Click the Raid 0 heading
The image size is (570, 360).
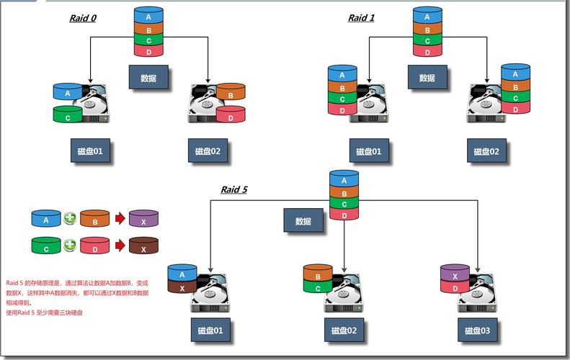[83, 18]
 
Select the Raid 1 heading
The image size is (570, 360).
[361, 18]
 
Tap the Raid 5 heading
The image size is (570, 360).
[234, 189]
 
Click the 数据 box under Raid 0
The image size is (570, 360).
[148, 78]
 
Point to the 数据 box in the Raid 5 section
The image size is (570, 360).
[303, 221]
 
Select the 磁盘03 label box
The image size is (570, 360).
[477, 330]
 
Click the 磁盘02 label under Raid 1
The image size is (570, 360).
[486, 151]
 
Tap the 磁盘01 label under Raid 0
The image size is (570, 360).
[90, 151]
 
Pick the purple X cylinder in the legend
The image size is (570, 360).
[143, 220]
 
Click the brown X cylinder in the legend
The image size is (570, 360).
[143, 247]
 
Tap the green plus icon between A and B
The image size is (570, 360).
[70, 219]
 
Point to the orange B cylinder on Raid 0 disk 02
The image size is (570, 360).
[231, 94]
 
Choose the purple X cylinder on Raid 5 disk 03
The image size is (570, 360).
[455, 275]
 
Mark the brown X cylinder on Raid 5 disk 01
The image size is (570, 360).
[182, 287]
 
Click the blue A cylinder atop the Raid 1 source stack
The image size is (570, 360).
[427, 17]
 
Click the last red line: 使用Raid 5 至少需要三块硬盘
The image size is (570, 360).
[45, 313]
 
